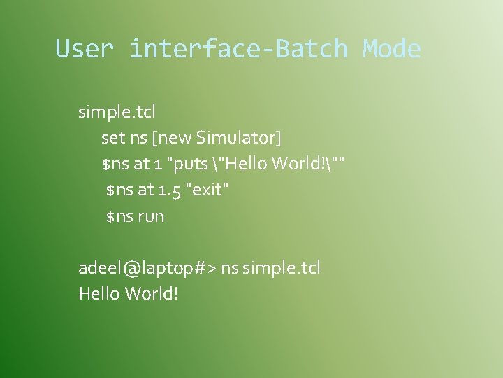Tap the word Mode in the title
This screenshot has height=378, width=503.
pos(391,49)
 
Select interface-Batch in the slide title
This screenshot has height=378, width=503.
pos(238,49)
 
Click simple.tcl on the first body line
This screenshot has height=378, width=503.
pos(117,111)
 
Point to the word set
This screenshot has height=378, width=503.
pos(112,138)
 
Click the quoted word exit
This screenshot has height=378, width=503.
pos(207,190)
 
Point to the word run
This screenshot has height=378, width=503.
pos(151,216)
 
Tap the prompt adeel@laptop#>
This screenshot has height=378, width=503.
pos(147,268)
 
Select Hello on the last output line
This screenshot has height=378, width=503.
pos(99,293)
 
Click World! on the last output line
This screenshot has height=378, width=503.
pos(152,293)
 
